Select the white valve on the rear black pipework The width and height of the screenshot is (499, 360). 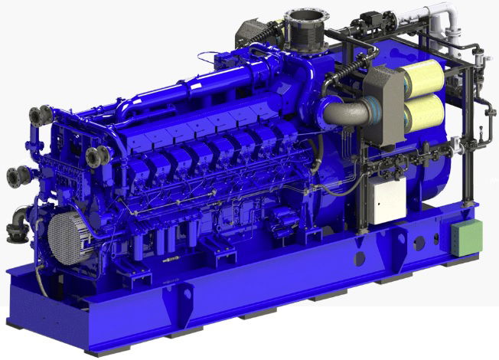[457, 142]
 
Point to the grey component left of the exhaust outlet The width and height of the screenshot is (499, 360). [252, 31]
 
